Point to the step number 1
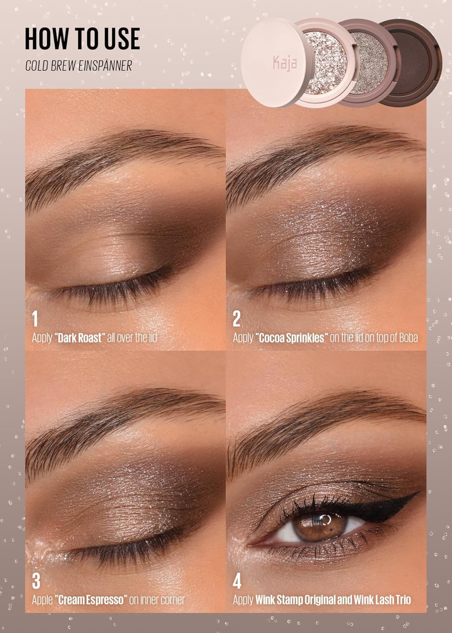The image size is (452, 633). tap(35, 319)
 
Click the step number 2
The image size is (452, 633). tap(236, 319)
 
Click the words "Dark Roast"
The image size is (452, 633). tap(79, 338)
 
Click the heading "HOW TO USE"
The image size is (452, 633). tap(82, 39)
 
